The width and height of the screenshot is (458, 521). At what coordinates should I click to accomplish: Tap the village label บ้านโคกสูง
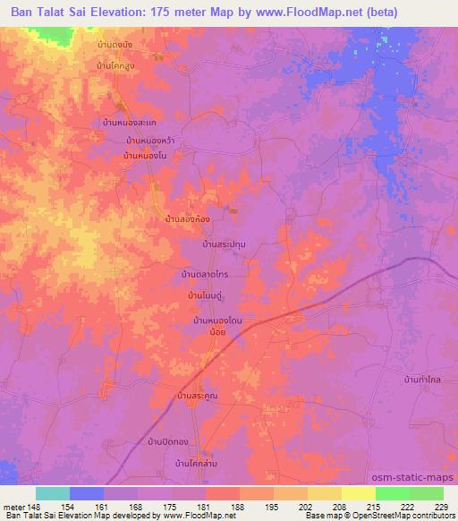click(x=119, y=65)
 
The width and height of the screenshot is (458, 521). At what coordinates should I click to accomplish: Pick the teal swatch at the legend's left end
click(x=52, y=493)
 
